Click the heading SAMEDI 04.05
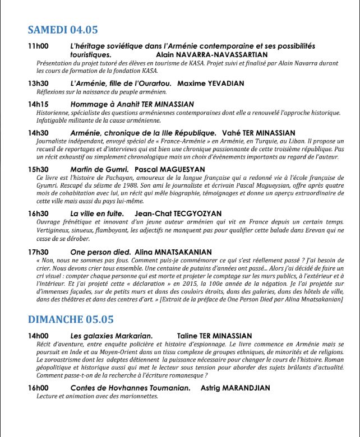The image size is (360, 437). coord(63,30)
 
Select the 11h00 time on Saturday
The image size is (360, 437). coord(38,46)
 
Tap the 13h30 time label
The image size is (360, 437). coord(38,83)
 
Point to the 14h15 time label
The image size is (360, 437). coord(38,104)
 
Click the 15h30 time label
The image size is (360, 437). coord(38,169)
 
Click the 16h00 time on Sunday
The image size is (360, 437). coord(38,388)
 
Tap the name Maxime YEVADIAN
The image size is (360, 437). coord(210,83)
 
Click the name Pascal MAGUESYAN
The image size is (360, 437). coord(170,169)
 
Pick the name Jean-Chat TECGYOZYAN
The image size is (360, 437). coord(178,214)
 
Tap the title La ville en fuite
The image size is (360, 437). coord(99,214)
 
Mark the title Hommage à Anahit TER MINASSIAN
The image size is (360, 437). coord(132,104)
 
